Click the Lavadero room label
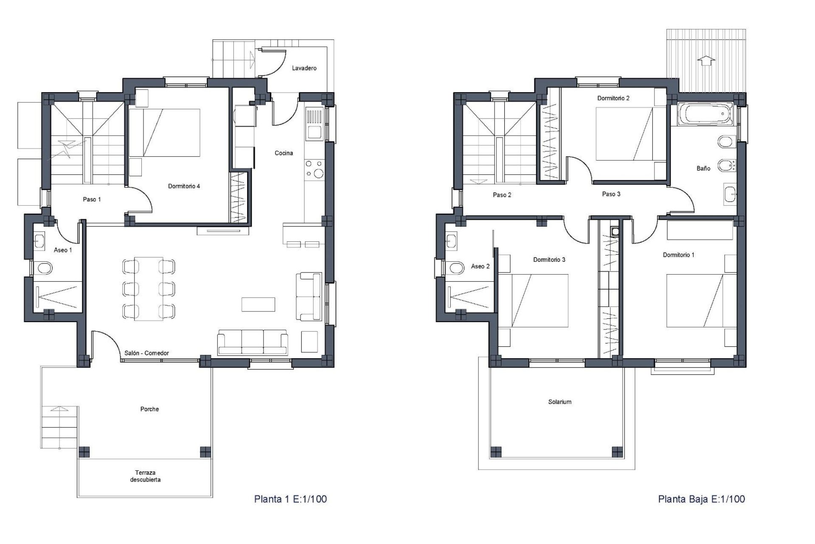click(x=304, y=68)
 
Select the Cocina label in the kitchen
click(x=284, y=153)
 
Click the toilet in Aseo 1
click(x=44, y=268)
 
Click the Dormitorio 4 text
click(x=184, y=186)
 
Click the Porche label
click(x=149, y=409)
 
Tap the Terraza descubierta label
click(x=145, y=476)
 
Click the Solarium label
click(x=559, y=402)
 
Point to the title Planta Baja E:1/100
click(x=701, y=499)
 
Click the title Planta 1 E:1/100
click(x=290, y=499)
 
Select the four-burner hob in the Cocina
click(x=314, y=168)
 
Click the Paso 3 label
click(x=611, y=194)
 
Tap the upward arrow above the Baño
click(x=706, y=61)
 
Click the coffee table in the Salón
click(x=258, y=304)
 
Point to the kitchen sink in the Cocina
click(x=314, y=132)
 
